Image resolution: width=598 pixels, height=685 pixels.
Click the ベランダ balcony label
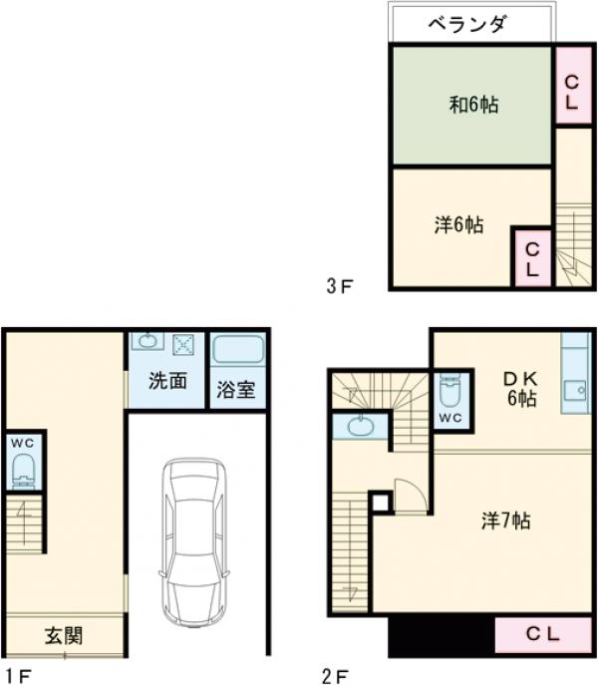pyautogui.click(x=467, y=24)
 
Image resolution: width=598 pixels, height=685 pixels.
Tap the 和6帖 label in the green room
pyautogui.click(x=474, y=105)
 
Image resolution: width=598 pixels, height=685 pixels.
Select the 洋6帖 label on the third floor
pyautogui.click(x=458, y=225)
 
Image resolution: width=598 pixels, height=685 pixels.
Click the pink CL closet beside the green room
pyautogui.click(x=572, y=85)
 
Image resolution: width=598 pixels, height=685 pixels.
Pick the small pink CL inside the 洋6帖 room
pyautogui.click(x=532, y=258)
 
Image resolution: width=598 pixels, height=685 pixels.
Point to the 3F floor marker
pyautogui.click(x=340, y=286)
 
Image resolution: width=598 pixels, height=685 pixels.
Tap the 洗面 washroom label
pyautogui.click(x=167, y=381)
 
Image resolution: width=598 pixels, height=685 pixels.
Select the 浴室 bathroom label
pyautogui.click(x=236, y=389)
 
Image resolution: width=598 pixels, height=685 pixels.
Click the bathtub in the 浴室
pyautogui.click(x=238, y=351)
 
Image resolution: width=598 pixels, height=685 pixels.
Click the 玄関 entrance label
pyautogui.click(x=64, y=635)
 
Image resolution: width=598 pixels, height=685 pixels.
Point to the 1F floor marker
pyautogui.click(x=18, y=677)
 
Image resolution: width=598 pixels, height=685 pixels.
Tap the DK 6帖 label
pyautogui.click(x=521, y=389)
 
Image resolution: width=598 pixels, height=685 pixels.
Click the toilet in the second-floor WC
pyautogui.click(x=449, y=390)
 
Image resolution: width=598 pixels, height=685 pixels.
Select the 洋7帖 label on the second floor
pyautogui.click(x=506, y=520)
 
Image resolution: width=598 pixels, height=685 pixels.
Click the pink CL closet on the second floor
pyautogui.click(x=543, y=635)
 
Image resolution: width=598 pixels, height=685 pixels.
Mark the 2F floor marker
pyautogui.click(x=335, y=677)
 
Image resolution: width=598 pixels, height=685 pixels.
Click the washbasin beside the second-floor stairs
pyautogui.click(x=361, y=426)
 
